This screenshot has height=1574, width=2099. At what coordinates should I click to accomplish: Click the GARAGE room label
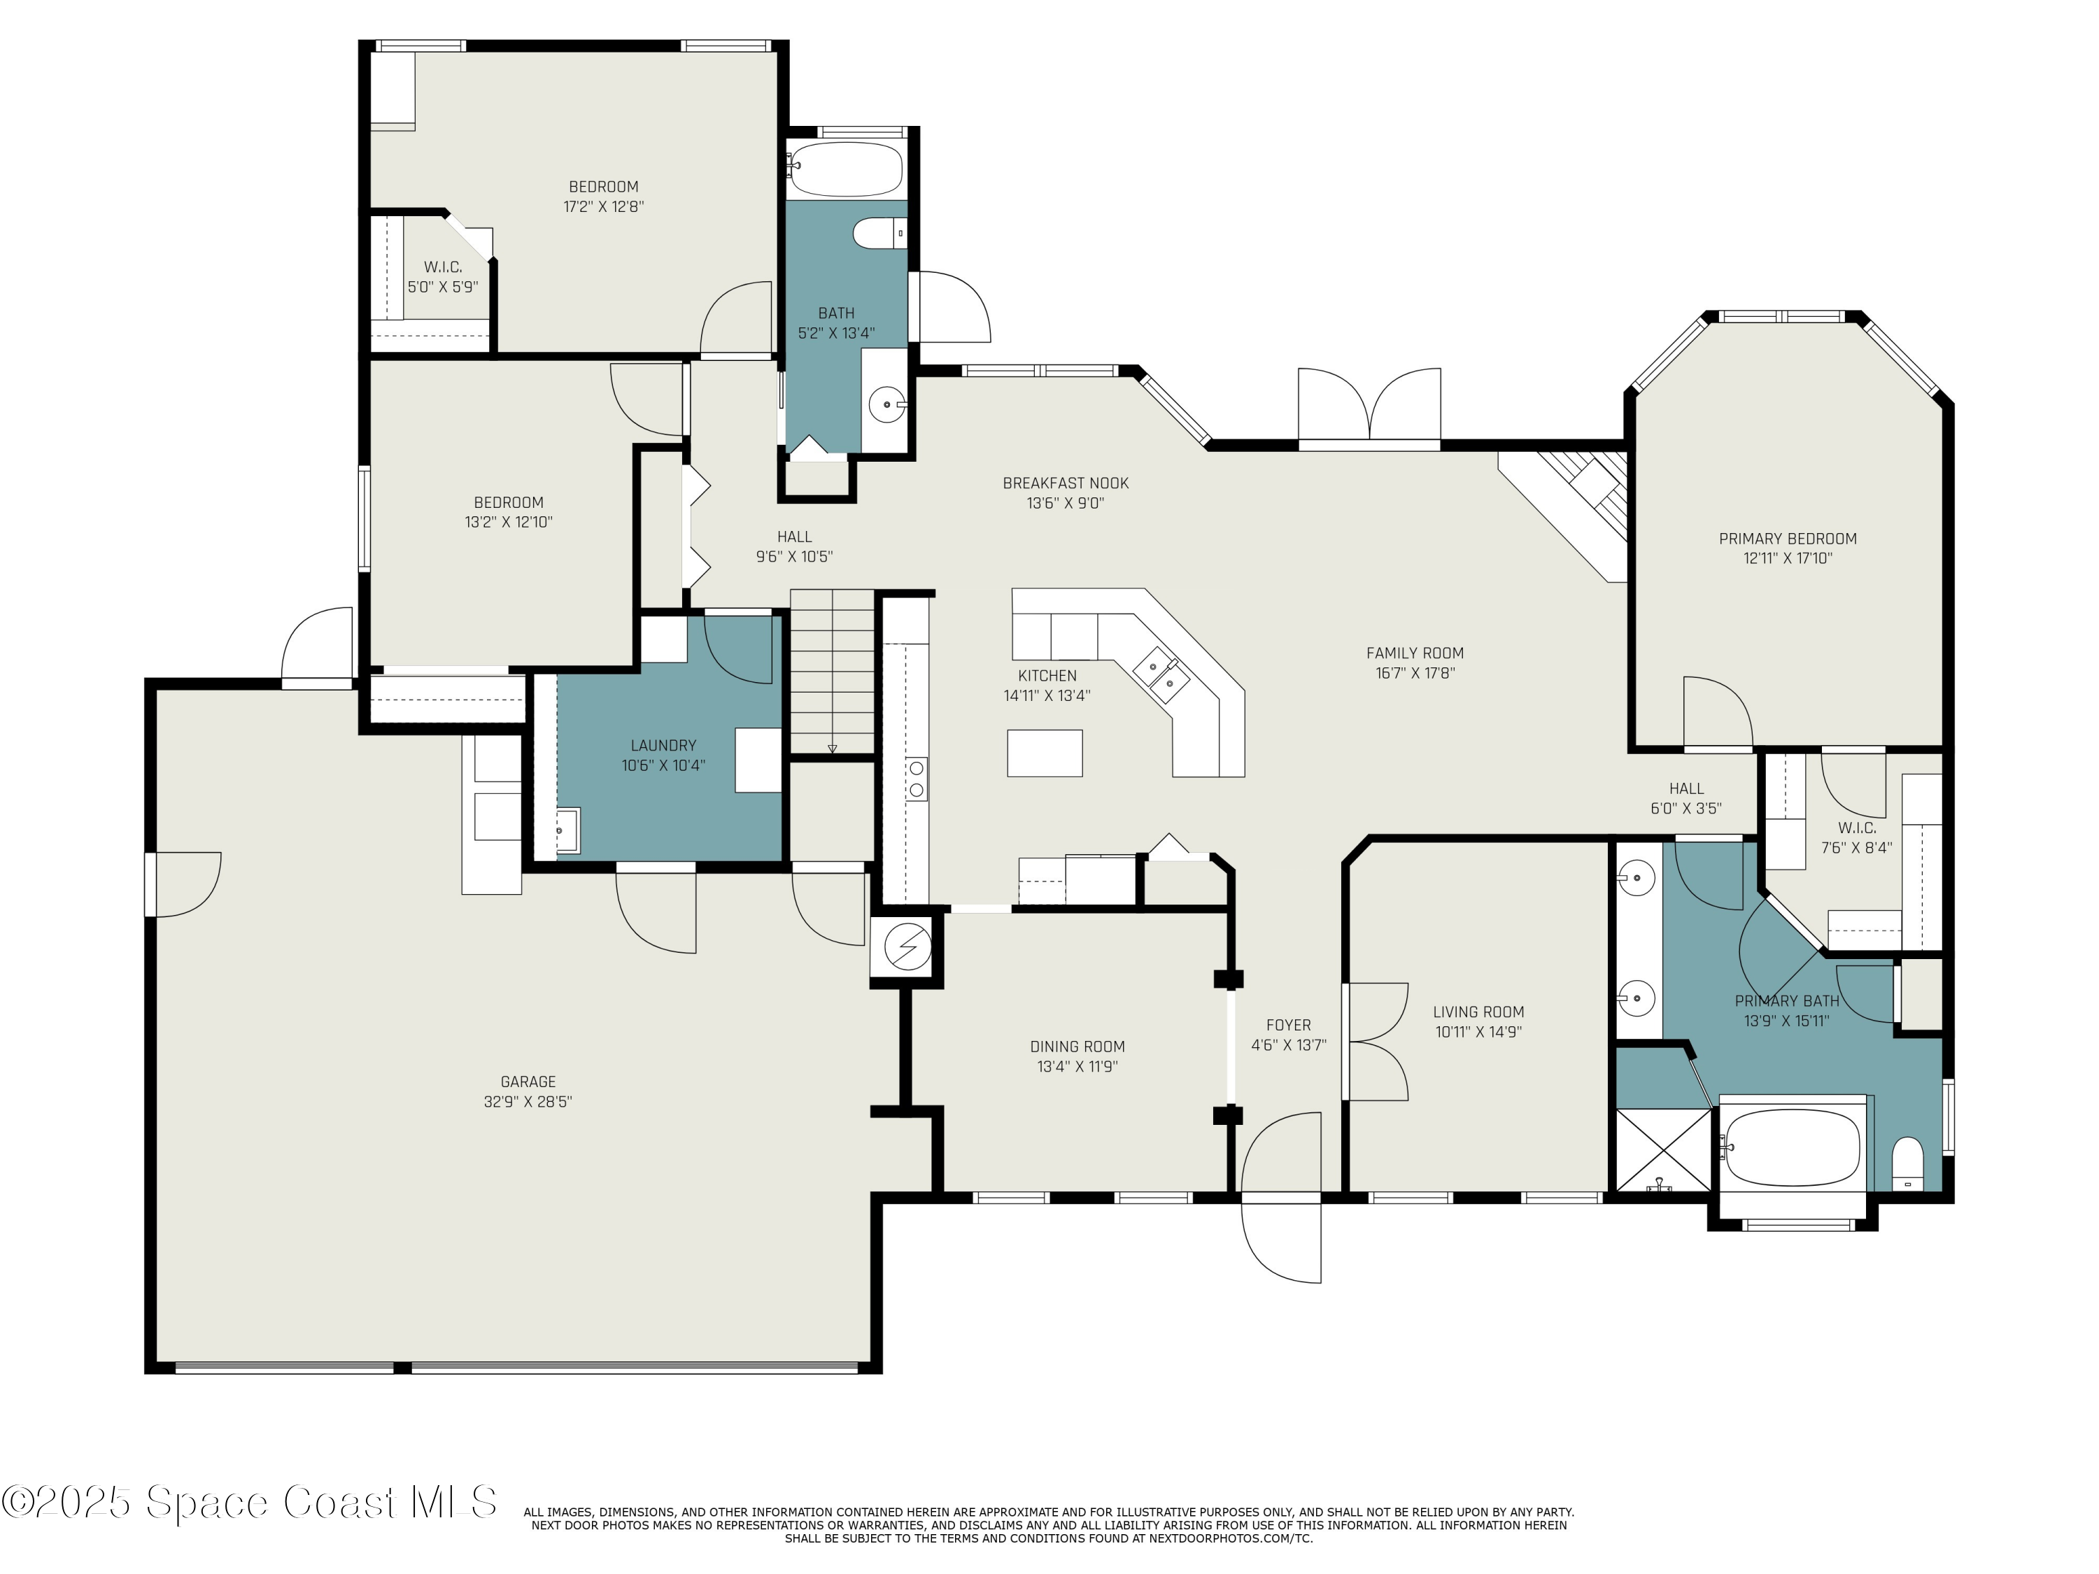[x=528, y=1082]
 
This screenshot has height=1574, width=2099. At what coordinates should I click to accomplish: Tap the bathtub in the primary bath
[x=1792, y=1147]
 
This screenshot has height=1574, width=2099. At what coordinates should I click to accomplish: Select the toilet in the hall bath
[x=878, y=232]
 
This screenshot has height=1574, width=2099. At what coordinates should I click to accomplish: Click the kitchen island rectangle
[x=1045, y=753]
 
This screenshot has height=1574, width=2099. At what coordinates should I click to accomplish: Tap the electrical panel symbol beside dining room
[x=907, y=946]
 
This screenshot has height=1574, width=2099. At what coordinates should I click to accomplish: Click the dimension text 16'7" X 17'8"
[x=1415, y=673]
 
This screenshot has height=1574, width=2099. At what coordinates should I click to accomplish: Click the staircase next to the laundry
[x=832, y=669]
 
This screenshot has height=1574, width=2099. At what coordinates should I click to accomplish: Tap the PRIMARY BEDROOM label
[x=1788, y=538]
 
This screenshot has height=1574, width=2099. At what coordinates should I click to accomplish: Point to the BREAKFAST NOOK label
[x=1066, y=483]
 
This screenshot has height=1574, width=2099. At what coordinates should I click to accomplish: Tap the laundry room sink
[x=567, y=831]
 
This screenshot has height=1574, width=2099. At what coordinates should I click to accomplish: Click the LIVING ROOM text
[x=1478, y=1012]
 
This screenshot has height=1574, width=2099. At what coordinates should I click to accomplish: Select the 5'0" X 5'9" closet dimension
[x=442, y=287]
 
